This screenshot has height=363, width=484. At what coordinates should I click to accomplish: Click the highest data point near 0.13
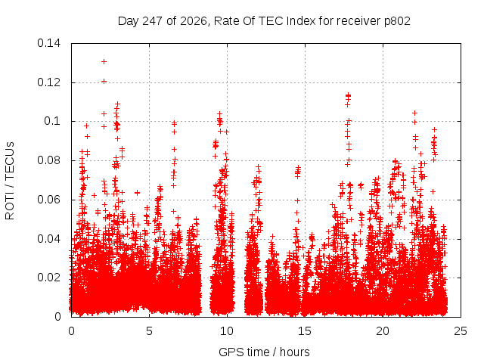point(104,62)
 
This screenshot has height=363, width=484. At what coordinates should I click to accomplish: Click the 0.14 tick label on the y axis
point(48,43)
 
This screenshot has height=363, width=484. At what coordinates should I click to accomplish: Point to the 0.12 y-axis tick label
point(48,82)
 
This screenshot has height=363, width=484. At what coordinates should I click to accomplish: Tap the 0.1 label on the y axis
point(52,121)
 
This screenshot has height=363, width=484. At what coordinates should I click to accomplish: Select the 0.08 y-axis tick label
point(48,160)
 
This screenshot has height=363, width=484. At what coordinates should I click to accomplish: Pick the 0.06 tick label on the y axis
point(48,200)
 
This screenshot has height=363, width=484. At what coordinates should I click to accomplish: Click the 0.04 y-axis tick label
point(48,239)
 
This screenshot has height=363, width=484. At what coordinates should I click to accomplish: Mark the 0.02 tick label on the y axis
point(48,278)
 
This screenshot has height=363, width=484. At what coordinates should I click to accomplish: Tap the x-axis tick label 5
point(150,331)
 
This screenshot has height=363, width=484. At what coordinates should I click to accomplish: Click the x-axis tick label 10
point(227,331)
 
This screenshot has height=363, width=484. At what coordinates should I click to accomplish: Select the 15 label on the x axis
point(305,331)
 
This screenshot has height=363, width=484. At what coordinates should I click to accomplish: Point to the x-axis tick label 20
point(383,331)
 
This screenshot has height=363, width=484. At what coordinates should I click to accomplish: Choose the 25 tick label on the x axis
point(461,331)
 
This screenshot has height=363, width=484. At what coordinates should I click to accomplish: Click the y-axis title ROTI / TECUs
point(10,181)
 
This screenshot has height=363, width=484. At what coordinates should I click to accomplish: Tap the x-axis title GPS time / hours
point(264,352)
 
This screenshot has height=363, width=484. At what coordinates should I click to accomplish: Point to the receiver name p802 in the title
point(397,21)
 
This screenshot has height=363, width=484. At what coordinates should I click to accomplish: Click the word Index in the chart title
point(301,21)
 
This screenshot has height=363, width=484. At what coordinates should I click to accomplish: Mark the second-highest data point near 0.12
point(104,82)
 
